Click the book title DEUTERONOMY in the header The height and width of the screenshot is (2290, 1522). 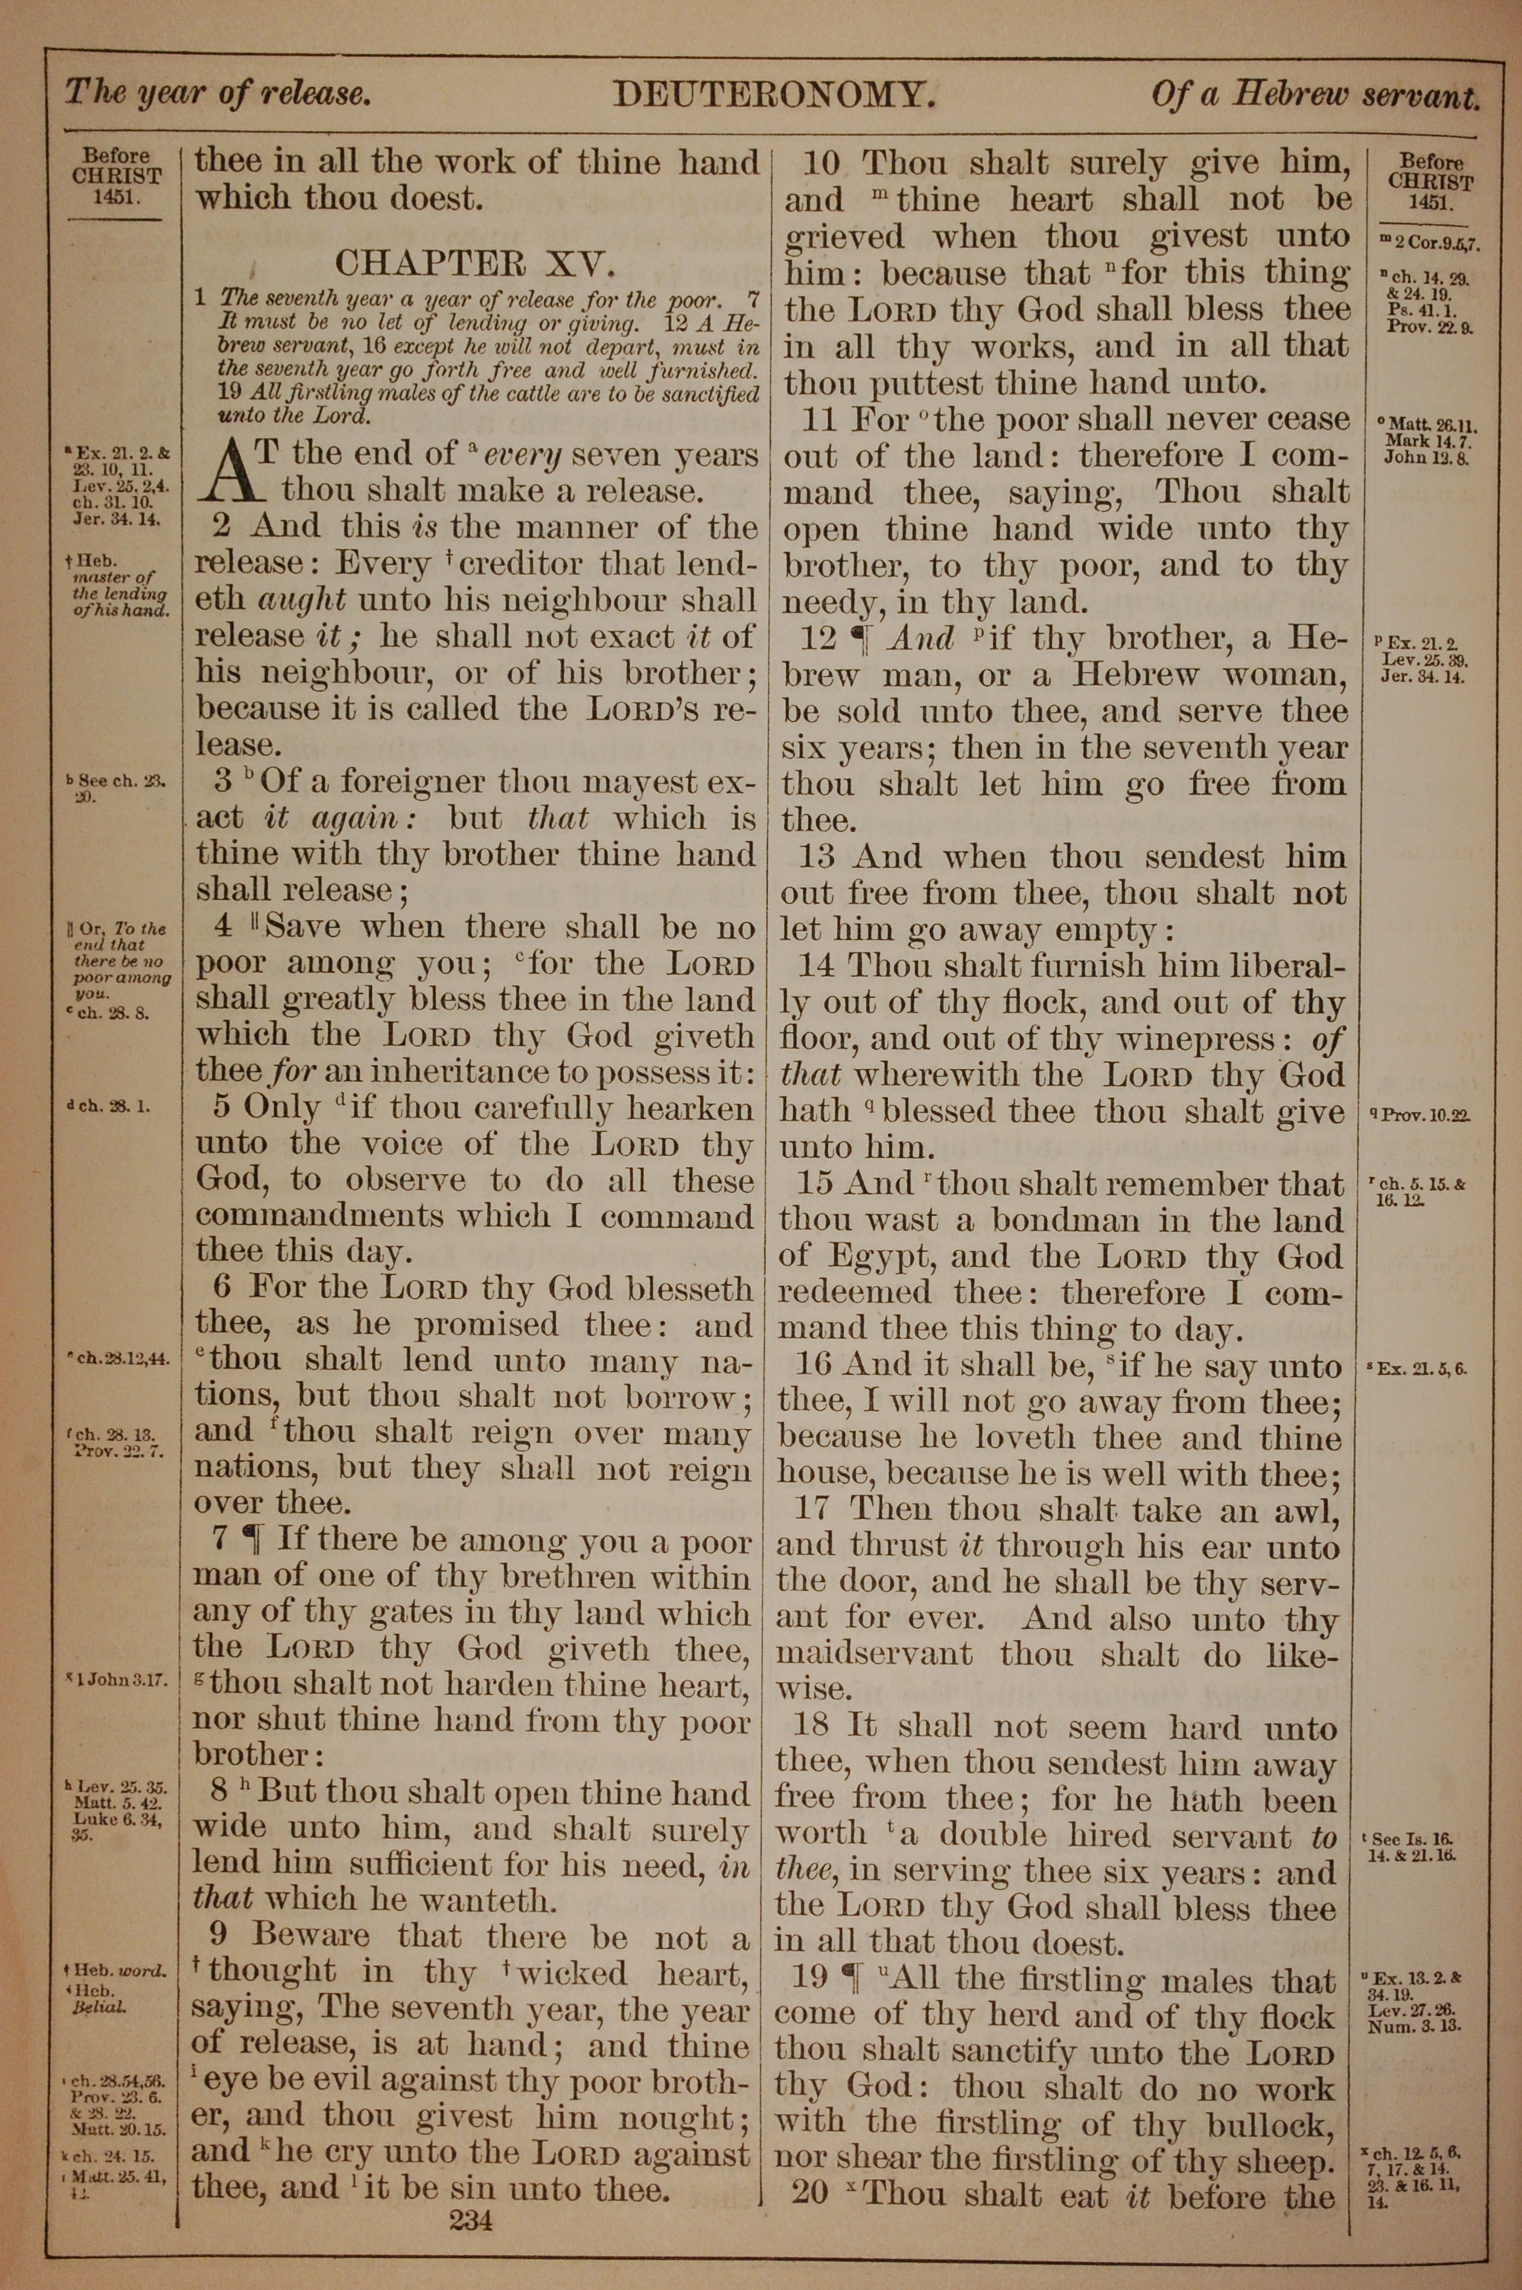click(774, 95)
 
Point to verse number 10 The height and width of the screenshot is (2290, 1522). click(821, 163)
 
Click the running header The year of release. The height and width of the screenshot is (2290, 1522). click(218, 94)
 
